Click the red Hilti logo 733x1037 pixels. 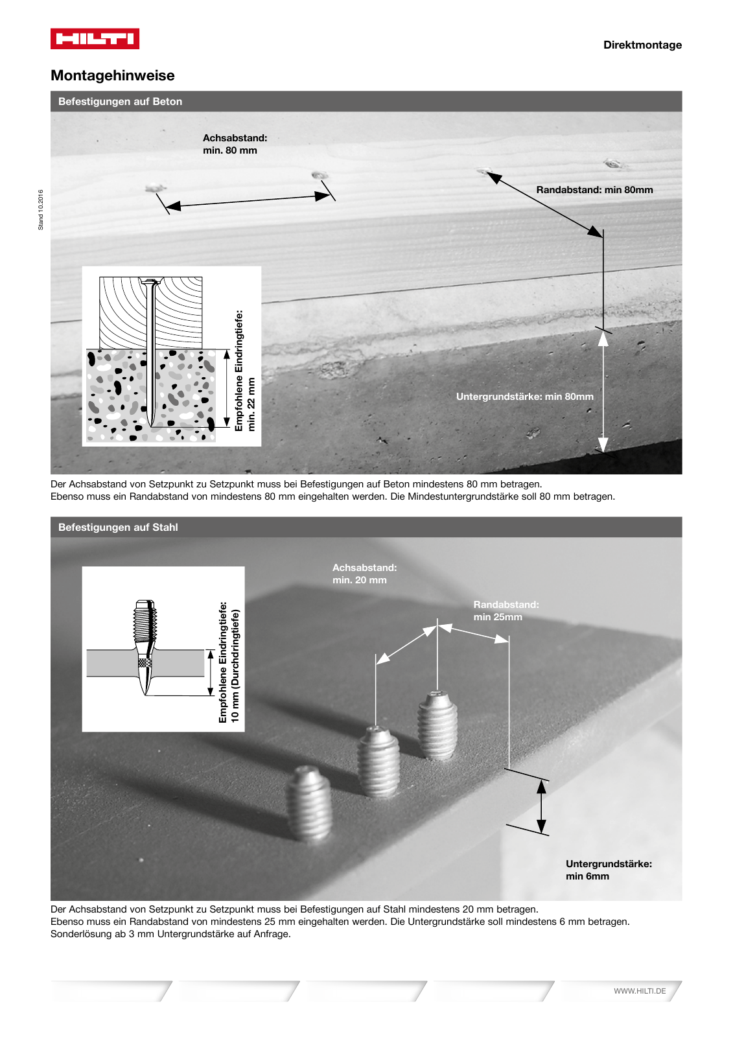coord(95,39)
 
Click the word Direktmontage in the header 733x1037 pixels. coord(642,45)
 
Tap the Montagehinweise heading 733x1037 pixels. coord(113,75)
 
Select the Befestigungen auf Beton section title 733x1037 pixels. coord(120,101)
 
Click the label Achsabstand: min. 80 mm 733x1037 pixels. coord(235,144)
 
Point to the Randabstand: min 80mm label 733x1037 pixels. coord(594,190)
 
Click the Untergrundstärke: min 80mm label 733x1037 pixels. coord(524,397)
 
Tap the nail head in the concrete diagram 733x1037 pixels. coord(150,283)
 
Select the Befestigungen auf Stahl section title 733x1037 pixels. coord(118,527)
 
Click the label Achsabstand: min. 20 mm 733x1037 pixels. coord(364,574)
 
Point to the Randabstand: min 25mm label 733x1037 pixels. coord(506,611)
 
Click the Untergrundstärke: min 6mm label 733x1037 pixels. coord(608,870)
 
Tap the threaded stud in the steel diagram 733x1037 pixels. coord(145,622)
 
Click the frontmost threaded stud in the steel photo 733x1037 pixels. coord(309,804)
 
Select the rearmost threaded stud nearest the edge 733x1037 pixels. coord(438,725)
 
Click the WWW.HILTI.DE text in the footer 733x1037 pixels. coord(639,991)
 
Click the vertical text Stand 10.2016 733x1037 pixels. coord(41,209)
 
